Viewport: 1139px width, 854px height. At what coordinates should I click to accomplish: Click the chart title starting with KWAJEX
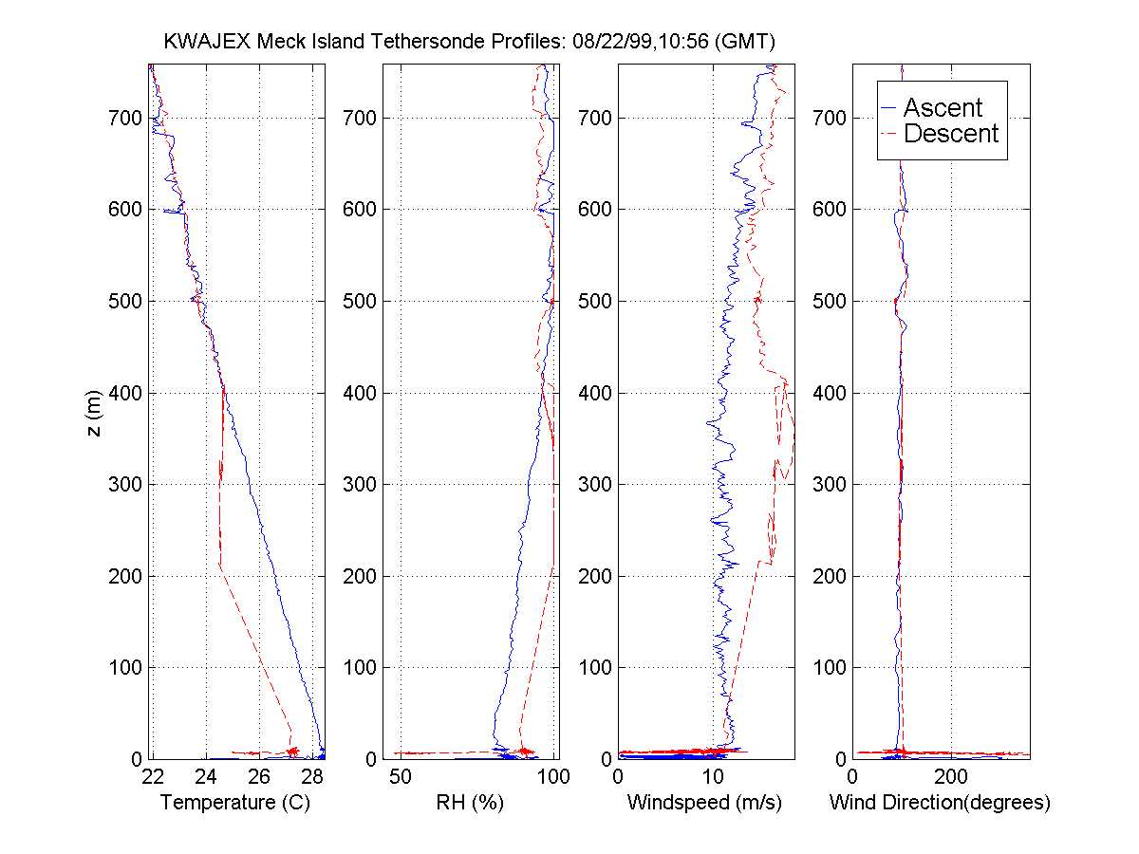pyautogui.click(x=471, y=42)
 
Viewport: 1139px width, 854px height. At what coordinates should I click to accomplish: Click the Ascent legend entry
pyautogui.click(x=942, y=108)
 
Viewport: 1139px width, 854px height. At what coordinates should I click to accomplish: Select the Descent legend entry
pyautogui.click(x=950, y=134)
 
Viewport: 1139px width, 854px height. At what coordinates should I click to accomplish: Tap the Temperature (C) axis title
pyautogui.click(x=235, y=803)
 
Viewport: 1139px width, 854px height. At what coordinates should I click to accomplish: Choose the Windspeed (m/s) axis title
pyautogui.click(x=704, y=803)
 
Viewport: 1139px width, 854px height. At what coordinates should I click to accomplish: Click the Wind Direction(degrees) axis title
pyautogui.click(x=940, y=803)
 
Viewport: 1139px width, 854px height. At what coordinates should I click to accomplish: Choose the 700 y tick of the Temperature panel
pyautogui.click(x=126, y=118)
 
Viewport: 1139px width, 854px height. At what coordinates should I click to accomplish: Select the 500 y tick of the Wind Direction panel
pyautogui.click(x=832, y=301)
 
